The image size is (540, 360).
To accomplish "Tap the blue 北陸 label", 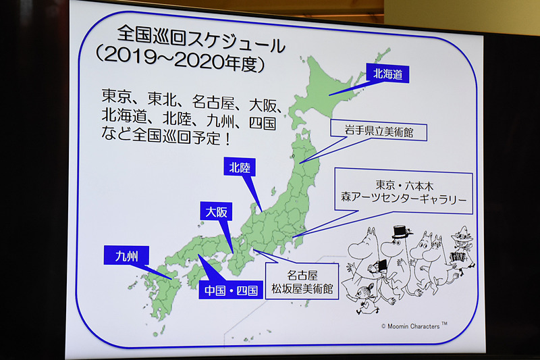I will coord(240,167).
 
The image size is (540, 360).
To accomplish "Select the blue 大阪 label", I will coord(217,212).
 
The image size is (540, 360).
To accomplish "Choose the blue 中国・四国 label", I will coord(231,291).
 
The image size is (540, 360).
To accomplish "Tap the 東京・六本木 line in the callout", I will coord(404,184).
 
